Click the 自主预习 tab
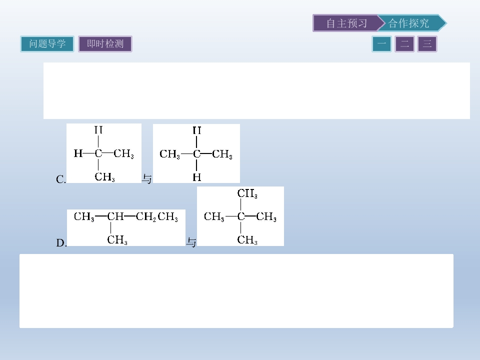tap(346, 23)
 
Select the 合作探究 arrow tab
tap(410, 23)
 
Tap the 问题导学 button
tap(47, 44)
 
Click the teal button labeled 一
tap(381, 44)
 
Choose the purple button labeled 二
tap(404, 44)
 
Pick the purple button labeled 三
tap(427, 44)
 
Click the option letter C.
tap(60, 179)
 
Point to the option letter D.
tap(61, 243)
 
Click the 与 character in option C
tap(147, 179)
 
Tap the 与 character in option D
tap(191, 242)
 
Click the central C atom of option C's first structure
tap(98, 153)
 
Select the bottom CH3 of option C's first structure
tap(104, 177)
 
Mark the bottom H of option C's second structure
tap(197, 177)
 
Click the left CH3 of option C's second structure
tap(169, 154)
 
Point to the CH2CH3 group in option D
tap(156, 216)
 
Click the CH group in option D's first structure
tap(115, 216)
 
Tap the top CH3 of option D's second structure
tap(247, 193)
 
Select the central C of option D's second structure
tap(241, 216)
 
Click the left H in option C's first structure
tap(78, 153)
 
